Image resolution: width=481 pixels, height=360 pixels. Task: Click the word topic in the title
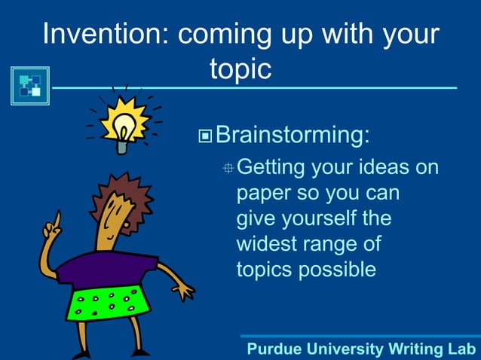240,69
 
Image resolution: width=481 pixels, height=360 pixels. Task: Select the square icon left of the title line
30,86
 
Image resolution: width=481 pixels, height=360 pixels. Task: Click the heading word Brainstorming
293,136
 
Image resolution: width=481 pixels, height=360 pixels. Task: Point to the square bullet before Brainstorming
205,137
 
